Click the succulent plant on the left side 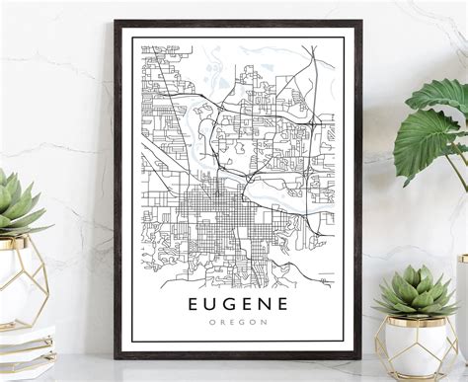(18, 207)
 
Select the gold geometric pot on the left (22, 281)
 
